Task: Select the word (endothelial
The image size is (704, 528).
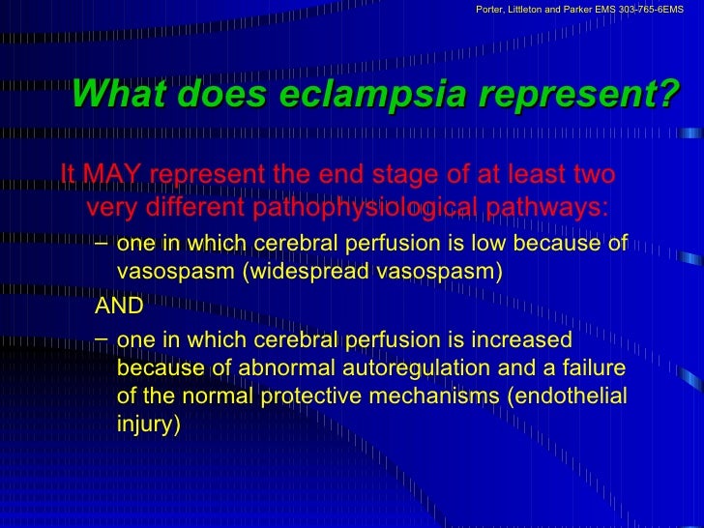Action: coord(574,396)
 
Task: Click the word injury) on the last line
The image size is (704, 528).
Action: coord(148,424)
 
